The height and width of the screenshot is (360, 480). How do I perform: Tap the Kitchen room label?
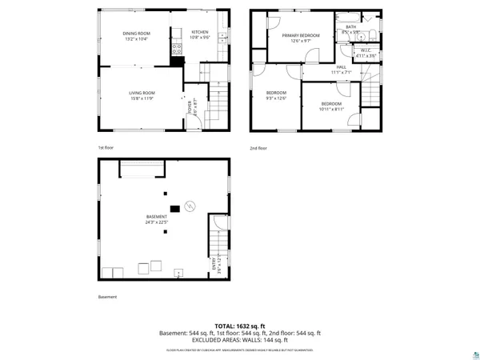[199, 33]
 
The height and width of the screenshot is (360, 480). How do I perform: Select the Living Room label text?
[142, 94]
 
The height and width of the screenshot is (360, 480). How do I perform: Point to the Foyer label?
[190, 106]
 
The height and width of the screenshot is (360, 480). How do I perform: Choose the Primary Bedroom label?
[300, 35]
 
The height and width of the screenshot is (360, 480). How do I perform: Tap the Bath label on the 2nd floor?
[350, 27]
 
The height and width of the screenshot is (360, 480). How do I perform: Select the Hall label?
[341, 67]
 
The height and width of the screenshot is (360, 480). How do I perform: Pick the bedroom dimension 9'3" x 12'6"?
[276, 98]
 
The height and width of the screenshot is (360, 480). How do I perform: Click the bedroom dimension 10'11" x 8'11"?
[331, 109]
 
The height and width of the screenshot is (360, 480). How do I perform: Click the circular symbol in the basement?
[190, 206]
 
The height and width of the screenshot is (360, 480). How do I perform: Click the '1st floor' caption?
[106, 148]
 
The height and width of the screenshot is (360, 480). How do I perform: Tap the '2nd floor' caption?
[258, 148]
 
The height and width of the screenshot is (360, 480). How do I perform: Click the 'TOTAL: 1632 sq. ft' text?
[240, 326]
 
